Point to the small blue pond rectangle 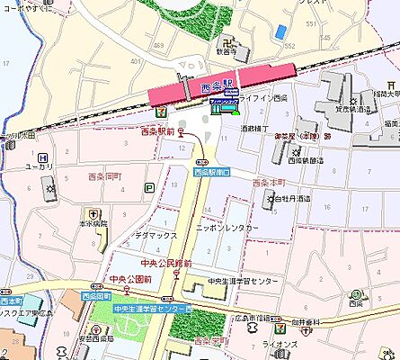coord(283,32)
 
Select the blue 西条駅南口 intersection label coord(211,171)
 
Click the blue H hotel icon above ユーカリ coord(42,156)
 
